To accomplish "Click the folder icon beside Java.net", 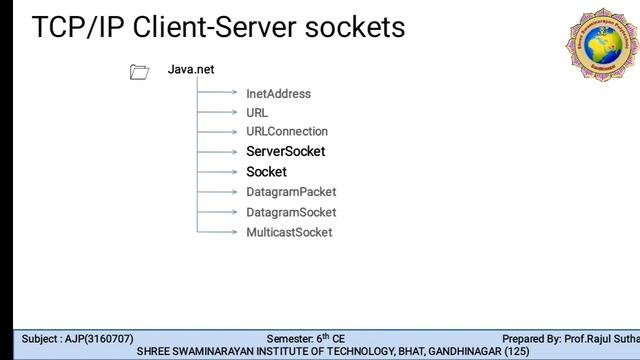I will pyautogui.click(x=139, y=71).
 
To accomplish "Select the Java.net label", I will pyautogui.click(x=191, y=70).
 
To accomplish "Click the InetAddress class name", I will pyautogui.click(x=278, y=94).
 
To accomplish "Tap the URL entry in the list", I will pyautogui.click(x=257, y=113).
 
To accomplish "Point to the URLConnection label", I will pyautogui.click(x=287, y=132).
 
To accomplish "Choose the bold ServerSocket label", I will pyautogui.click(x=285, y=152).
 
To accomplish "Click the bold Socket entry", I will pyautogui.click(x=266, y=172).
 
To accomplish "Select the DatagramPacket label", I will pyautogui.click(x=291, y=192).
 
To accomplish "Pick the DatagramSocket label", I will pyautogui.click(x=291, y=212).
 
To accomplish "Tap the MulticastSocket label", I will pyautogui.click(x=289, y=232).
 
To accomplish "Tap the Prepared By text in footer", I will pyautogui.click(x=534, y=339).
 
